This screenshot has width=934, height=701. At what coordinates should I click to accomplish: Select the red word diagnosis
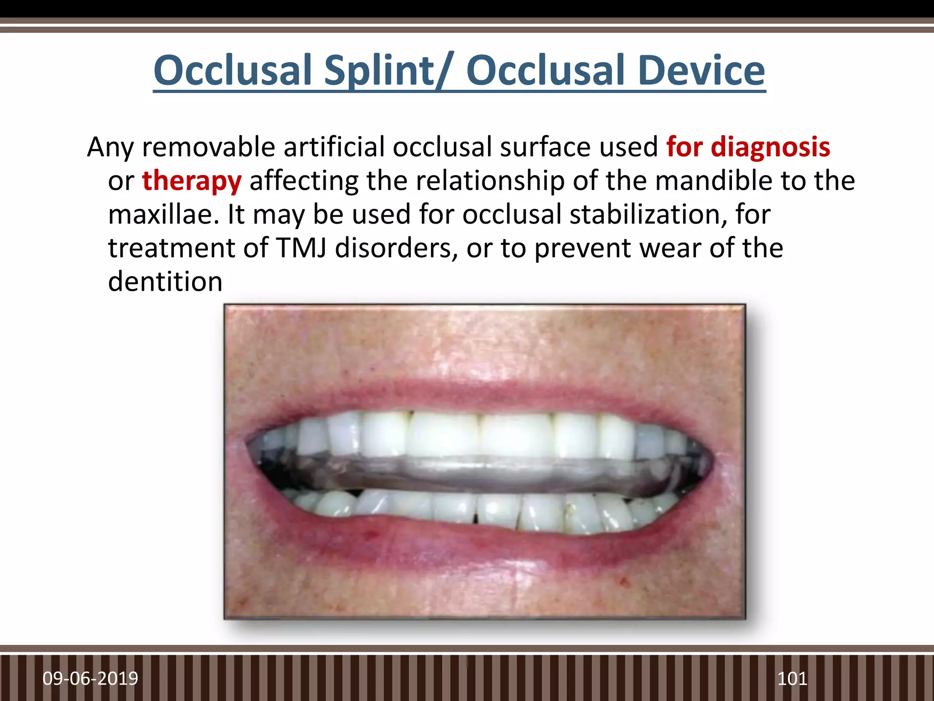[770, 147]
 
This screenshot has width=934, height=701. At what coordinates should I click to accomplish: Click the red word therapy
[192, 181]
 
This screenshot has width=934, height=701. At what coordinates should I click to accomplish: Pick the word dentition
[165, 282]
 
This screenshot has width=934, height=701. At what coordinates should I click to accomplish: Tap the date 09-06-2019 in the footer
[90, 679]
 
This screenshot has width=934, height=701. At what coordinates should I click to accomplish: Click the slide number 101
[792, 679]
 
